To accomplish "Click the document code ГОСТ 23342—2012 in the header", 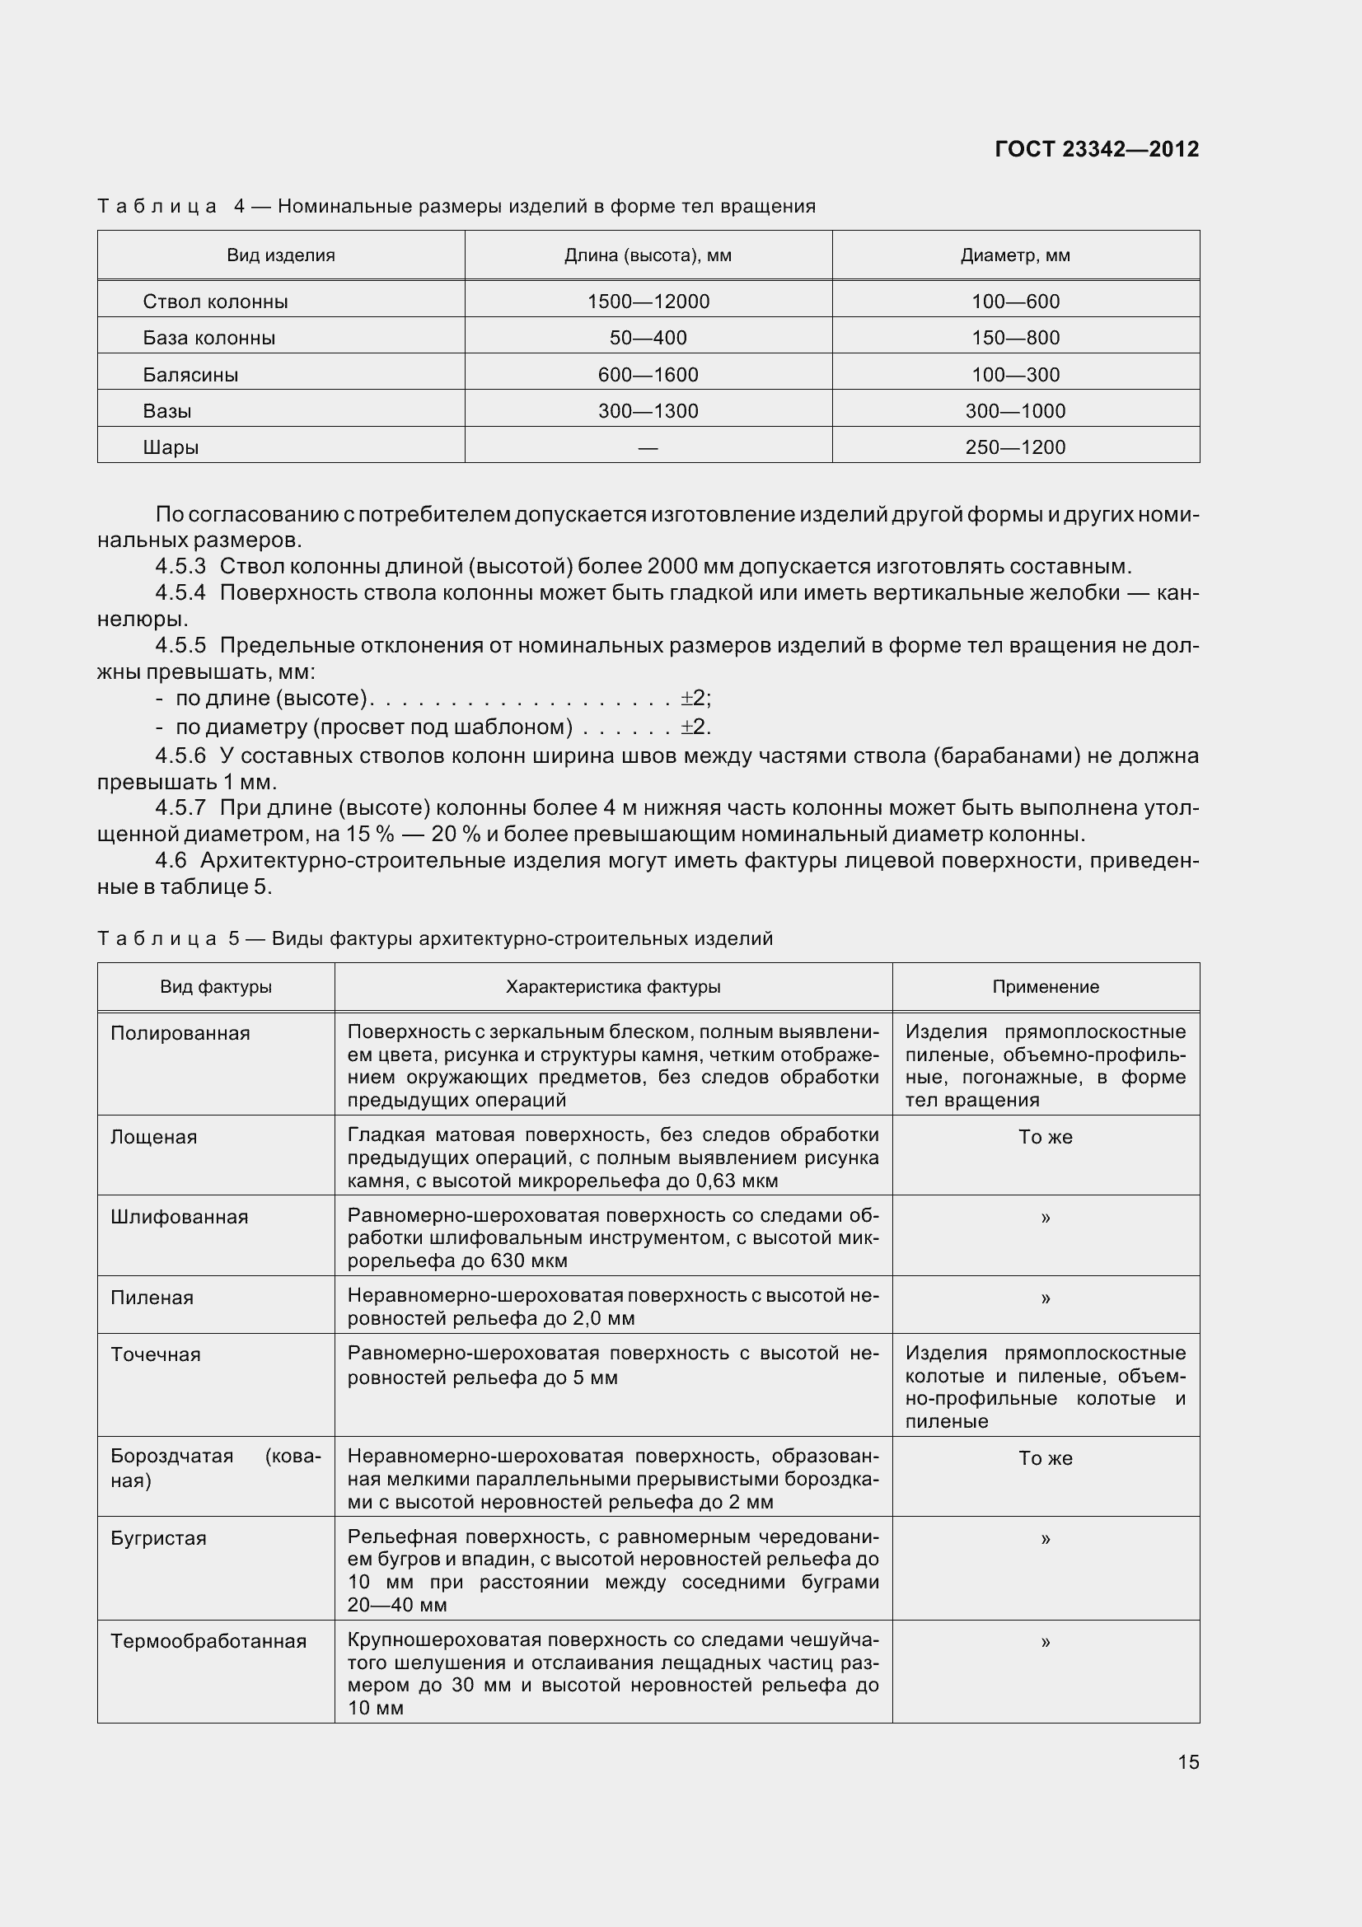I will click(x=1096, y=149).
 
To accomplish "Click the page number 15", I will click(x=1188, y=1761).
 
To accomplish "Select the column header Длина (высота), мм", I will click(x=648, y=255).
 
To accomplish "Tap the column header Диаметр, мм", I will click(x=1015, y=255).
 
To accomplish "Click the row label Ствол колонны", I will click(x=215, y=302).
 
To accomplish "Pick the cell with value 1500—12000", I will click(x=648, y=302).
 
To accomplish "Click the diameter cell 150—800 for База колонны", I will click(x=1015, y=338).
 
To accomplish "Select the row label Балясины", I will click(x=190, y=374).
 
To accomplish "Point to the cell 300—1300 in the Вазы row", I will click(x=648, y=410).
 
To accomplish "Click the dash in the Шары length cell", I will click(x=648, y=447).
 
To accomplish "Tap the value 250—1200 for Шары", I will click(x=1015, y=447).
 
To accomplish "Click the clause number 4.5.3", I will click(x=180, y=567).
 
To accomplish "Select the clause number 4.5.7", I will click(x=180, y=807).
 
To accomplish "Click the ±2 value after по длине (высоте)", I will click(x=694, y=699).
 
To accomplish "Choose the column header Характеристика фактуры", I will click(x=612, y=987).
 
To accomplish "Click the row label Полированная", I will click(x=180, y=1033).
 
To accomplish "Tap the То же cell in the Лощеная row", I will click(x=1046, y=1137).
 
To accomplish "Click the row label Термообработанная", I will click(x=208, y=1641).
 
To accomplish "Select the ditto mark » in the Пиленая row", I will click(x=1046, y=1298).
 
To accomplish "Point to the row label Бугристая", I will click(x=158, y=1538).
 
